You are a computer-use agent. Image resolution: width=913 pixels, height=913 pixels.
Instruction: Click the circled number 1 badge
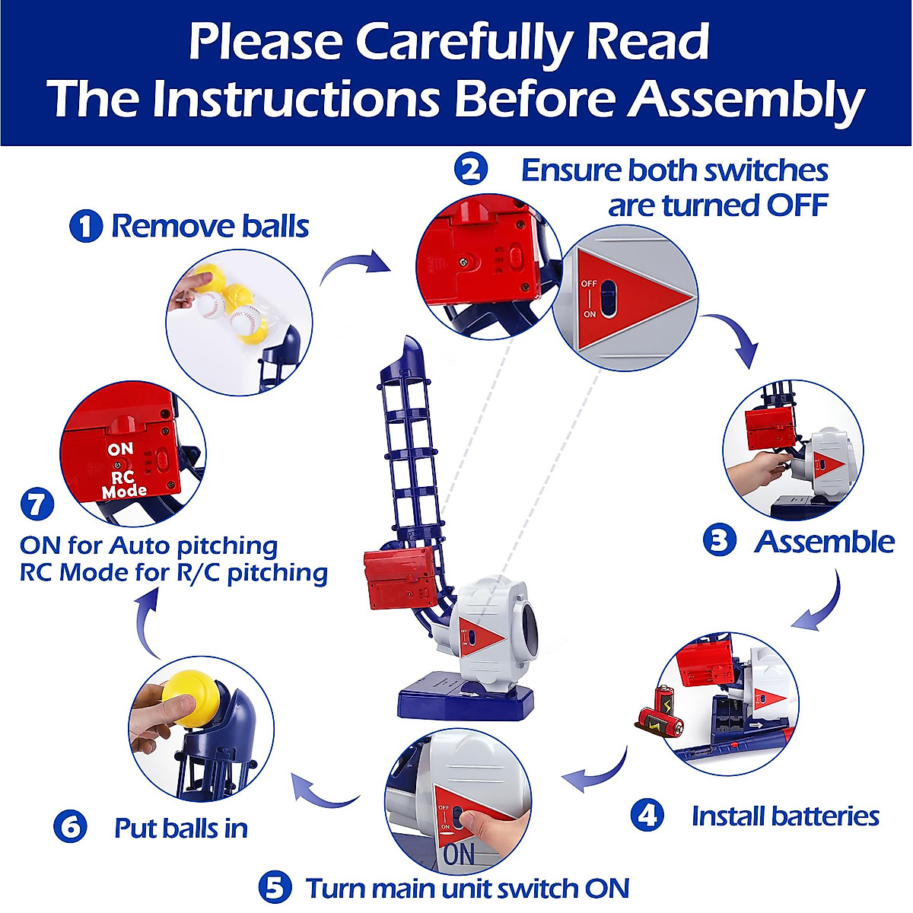(85, 226)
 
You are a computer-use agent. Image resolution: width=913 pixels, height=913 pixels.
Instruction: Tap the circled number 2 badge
(471, 169)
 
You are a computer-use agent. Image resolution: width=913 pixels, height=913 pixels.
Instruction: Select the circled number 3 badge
(719, 541)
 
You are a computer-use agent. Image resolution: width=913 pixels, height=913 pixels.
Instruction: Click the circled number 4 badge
(647, 816)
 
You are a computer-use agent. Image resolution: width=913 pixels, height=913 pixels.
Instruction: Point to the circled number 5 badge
(275, 888)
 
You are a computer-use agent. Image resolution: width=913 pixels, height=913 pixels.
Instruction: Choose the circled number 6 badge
(71, 827)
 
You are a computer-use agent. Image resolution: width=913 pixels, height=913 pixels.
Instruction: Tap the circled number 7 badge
(37, 505)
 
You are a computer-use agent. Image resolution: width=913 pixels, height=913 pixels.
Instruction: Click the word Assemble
(824, 542)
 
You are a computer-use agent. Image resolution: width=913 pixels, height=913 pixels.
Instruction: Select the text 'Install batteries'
(785, 816)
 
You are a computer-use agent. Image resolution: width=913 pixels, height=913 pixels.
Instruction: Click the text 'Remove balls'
(210, 226)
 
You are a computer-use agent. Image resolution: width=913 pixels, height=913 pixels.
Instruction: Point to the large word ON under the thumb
(459, 854)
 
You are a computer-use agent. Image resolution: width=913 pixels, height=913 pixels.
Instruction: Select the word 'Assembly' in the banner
(746, 100)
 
